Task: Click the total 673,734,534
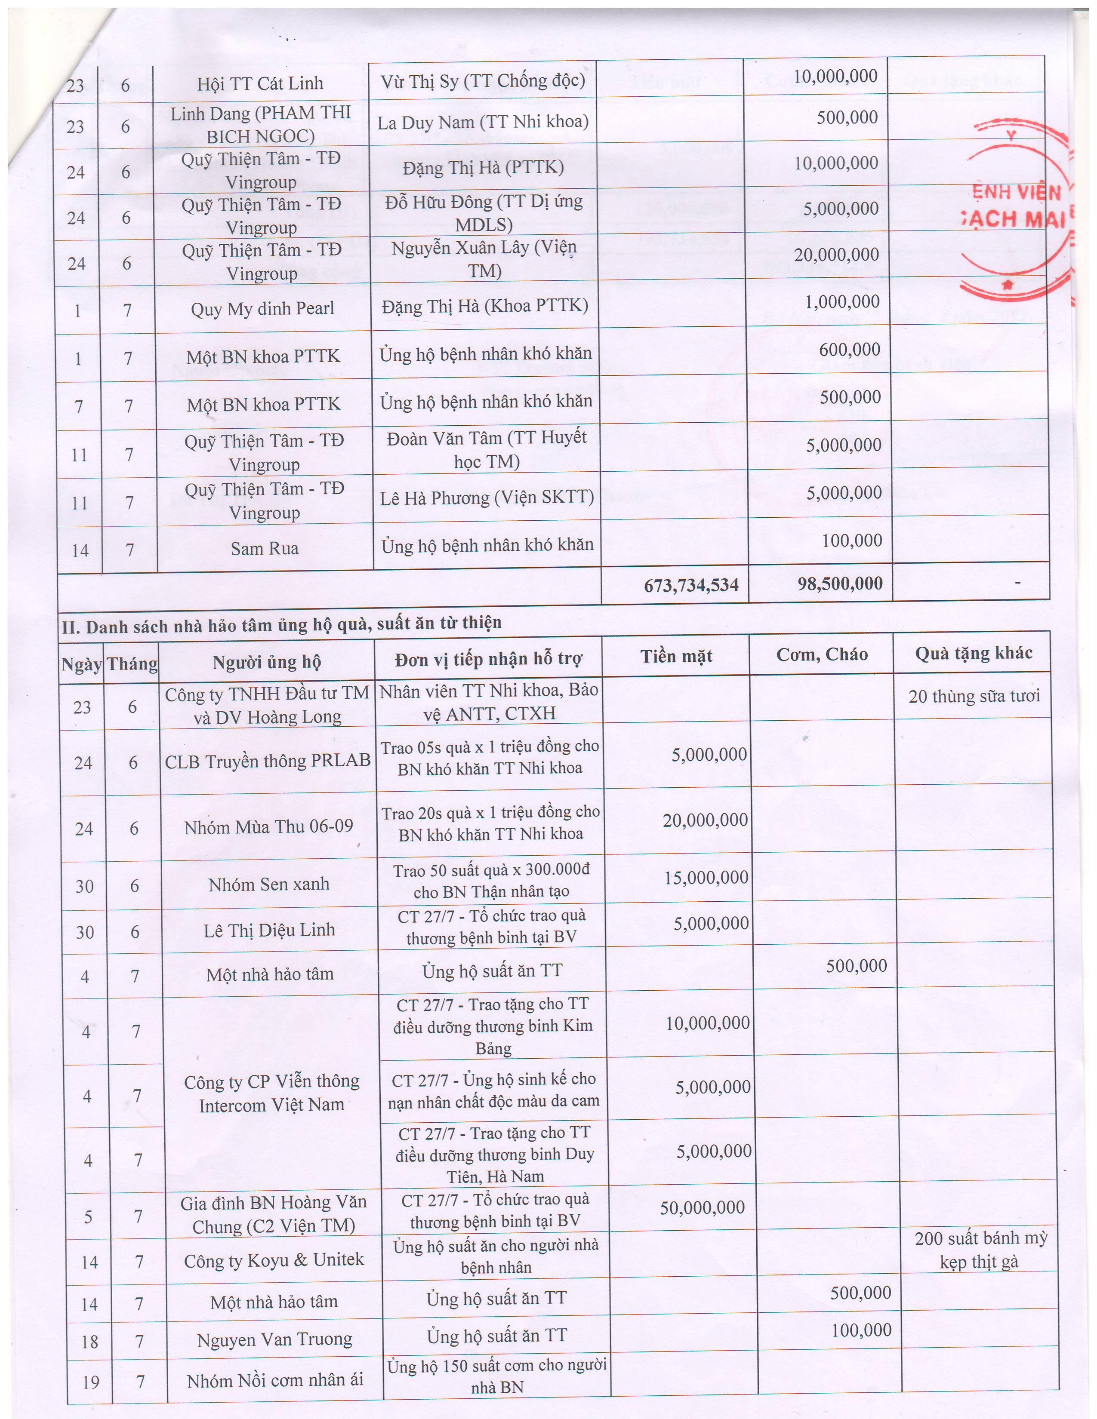point(691,585)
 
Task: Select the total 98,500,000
point(840,584)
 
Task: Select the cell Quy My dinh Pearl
point(262,309)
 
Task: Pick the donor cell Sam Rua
point(265,549)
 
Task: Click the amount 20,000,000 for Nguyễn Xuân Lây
point(836,255)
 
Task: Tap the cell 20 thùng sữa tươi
point(974,697)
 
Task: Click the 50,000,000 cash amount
point(702,1208)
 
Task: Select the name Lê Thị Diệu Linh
point(269,930)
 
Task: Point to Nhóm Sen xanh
point(268,884)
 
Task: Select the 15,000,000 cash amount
point(706,878)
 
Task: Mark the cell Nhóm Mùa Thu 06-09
point(268,827)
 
